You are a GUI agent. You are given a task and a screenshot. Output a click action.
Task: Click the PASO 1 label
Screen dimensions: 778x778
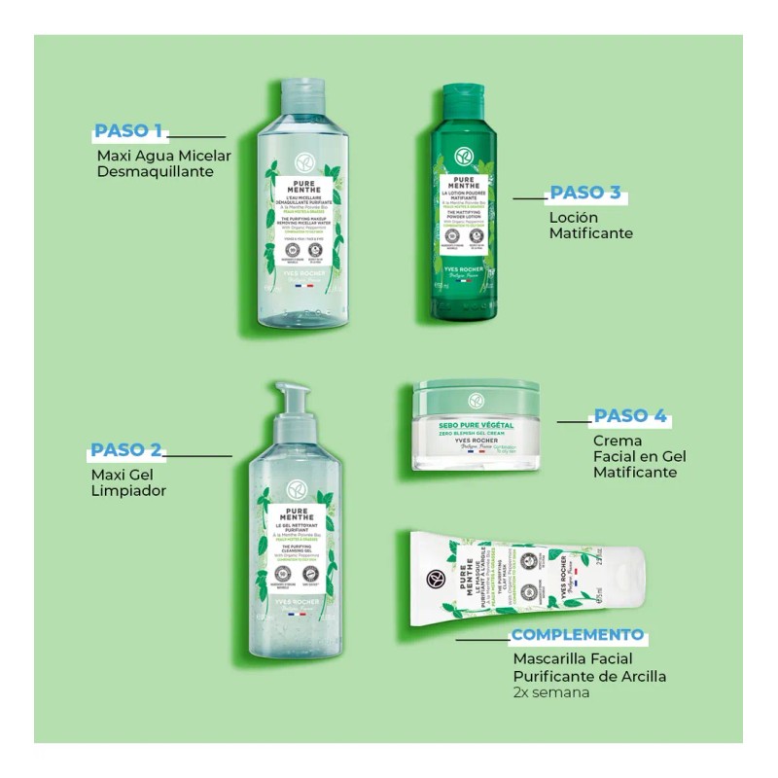click(127, 130)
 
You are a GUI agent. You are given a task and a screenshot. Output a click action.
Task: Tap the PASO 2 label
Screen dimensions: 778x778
click(125, 450)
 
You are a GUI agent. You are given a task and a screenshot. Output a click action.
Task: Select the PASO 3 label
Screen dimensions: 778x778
click(585, 193)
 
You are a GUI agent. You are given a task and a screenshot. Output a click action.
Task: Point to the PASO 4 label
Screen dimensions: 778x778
click(630, 416)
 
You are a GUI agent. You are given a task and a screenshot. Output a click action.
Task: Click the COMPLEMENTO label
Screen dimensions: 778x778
click(578, 635)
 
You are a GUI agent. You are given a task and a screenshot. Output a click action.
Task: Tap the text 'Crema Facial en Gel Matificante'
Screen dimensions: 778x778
click(635, 457)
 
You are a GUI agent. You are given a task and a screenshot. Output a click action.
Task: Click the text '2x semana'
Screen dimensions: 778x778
click(551, 693)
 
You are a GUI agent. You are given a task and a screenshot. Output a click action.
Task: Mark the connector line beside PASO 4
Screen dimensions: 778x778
click(574, 422)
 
